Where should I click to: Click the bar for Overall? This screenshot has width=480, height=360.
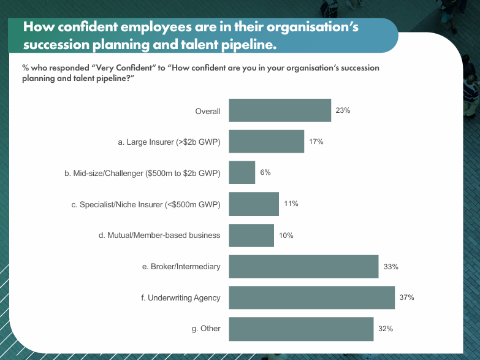tap(280, 111)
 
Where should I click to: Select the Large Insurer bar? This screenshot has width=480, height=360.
tap(266, 142)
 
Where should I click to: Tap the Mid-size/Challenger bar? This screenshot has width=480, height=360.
tap(242, 173)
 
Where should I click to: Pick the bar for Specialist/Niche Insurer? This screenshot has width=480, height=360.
tap(253, 204)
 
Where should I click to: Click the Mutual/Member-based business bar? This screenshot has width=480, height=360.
tap(251, 236)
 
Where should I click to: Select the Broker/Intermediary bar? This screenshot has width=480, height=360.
tap(303, 267)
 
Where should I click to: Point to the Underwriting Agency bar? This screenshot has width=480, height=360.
tap(311, 297)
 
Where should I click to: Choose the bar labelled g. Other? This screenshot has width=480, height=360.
tap(301, 329)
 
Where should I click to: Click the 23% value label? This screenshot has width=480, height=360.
tap(343, 111)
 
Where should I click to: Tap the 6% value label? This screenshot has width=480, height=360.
tap(265, 173)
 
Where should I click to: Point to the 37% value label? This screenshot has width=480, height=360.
tap(407, 297)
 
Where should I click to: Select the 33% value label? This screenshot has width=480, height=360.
tap(391, 267)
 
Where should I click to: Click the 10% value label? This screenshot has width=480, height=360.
tap(286, 236)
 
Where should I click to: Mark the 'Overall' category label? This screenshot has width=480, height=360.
tap(207, 111)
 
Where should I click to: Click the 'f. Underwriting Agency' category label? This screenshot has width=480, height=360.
tap(180, 297)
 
